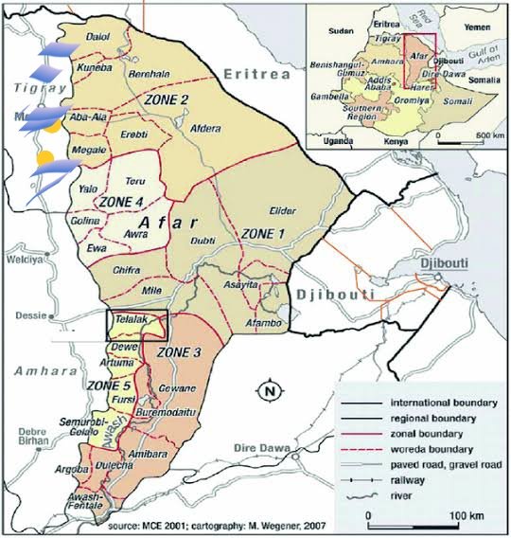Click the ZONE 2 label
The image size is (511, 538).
tap(166, 99)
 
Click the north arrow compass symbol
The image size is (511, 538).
tap(271, 389)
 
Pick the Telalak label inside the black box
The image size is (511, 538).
tap(130, 321)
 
